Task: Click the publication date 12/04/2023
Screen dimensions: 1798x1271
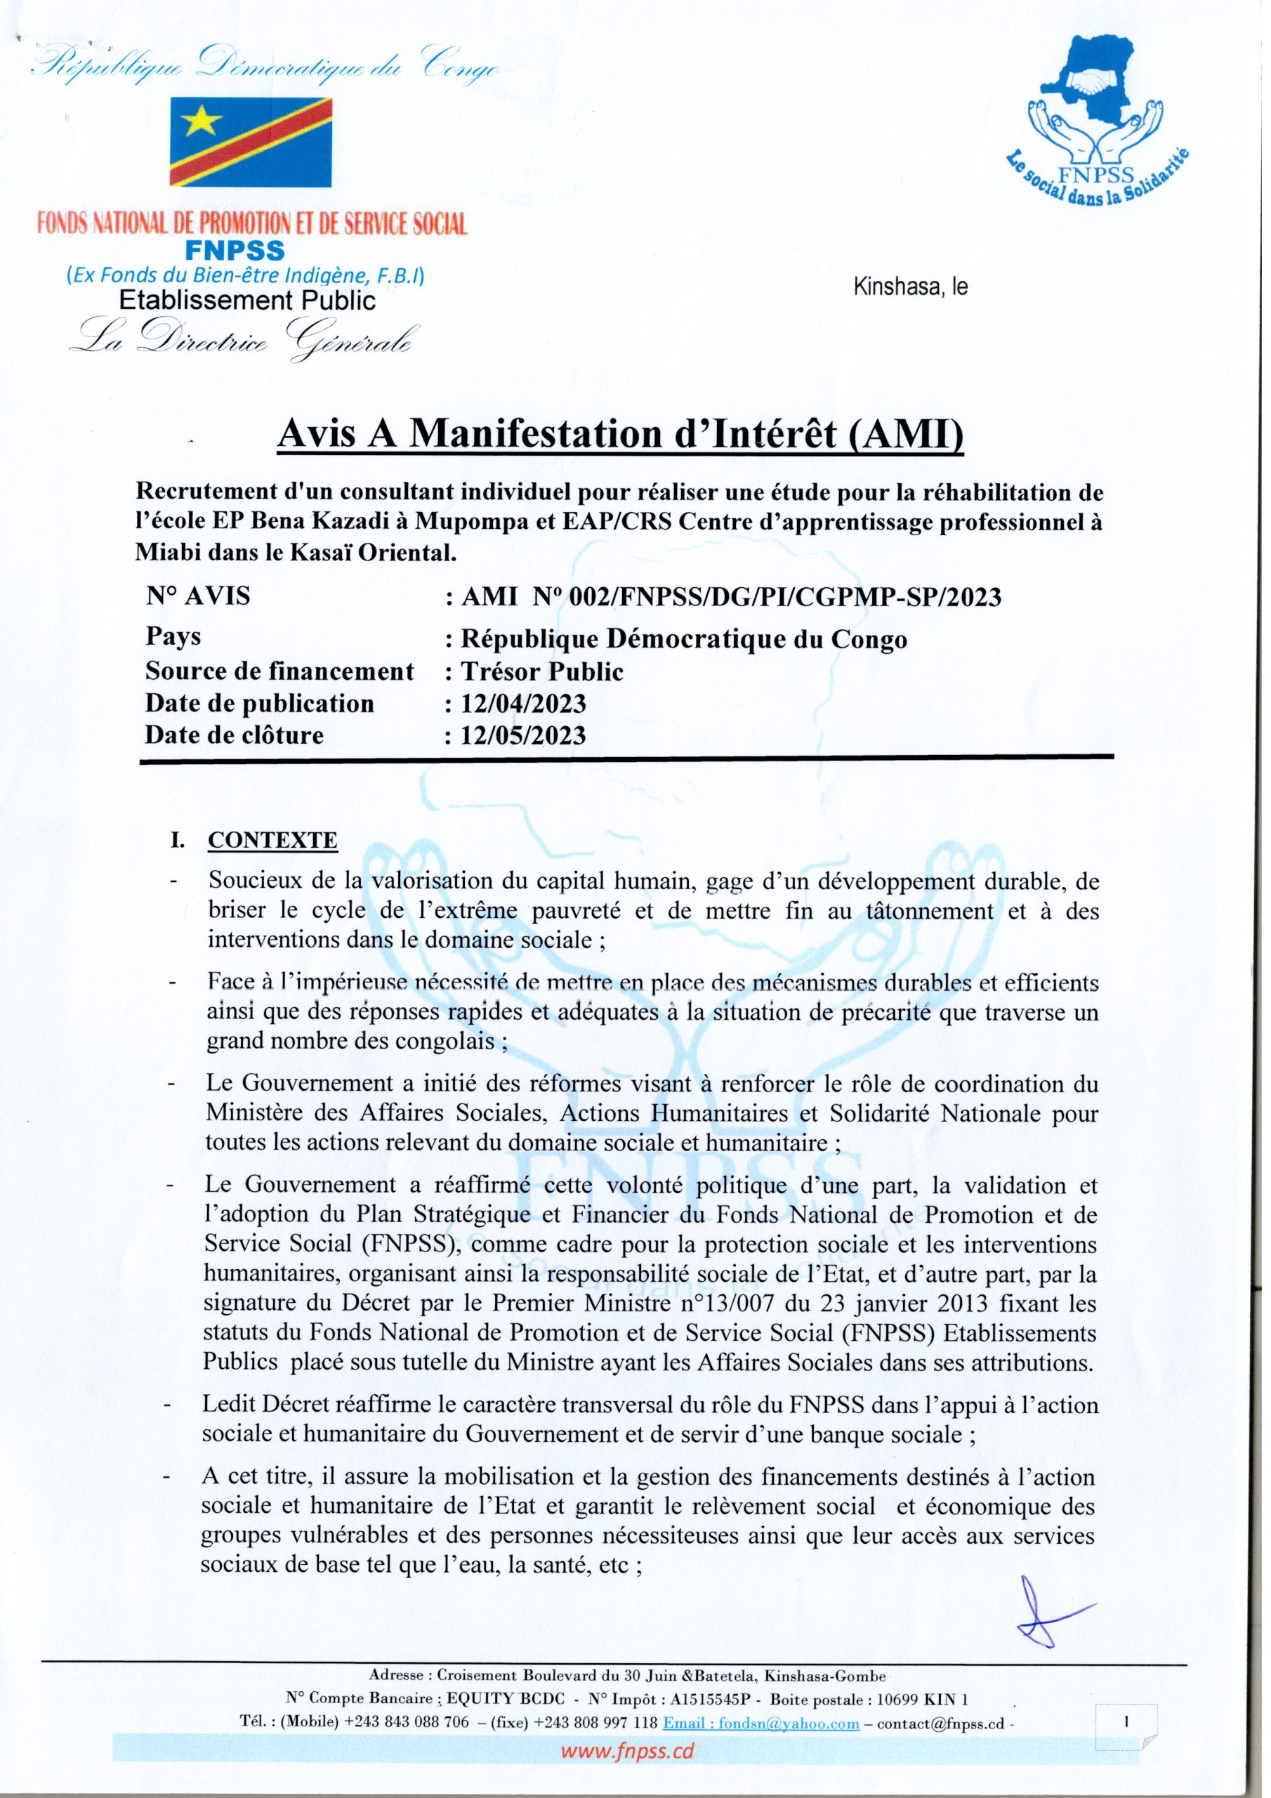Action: pyautogui.click(x=523, y=703)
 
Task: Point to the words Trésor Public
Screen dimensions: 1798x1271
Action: pyautogui.click(x=542, y=671)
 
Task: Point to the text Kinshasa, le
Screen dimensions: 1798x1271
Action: pyautogui.click(x=910, y=287)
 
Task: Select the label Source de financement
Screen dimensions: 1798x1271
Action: pyautogui.click(x=279, y=671)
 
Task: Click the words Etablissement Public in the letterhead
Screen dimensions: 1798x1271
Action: pyautogui.click(x=246, y=300)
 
